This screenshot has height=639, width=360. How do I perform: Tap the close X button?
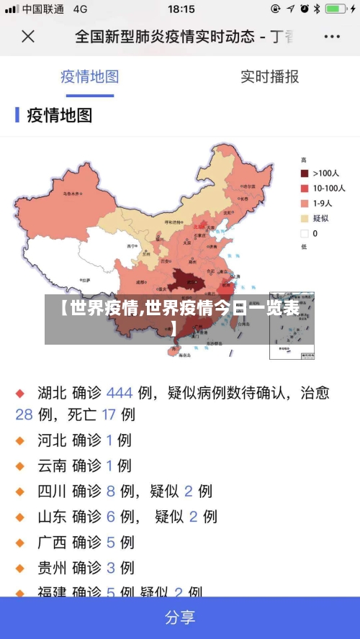(28, 36)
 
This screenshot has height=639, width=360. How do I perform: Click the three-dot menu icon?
(332, 36)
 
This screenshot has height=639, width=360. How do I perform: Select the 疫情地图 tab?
(89, 77)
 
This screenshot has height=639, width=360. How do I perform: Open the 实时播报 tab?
(269, 77)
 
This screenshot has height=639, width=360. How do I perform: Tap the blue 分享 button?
(180, 617)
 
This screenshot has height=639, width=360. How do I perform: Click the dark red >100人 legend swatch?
(305, 173)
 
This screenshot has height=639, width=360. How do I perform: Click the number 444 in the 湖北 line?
(120, 393)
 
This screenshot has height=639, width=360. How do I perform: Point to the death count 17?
(109, 414)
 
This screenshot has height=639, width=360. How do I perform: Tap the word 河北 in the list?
(52, 440)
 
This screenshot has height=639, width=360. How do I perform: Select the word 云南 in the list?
(52, 466)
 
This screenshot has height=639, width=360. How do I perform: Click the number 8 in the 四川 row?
(111, 491)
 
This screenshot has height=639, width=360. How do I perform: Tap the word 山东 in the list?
(52, 517)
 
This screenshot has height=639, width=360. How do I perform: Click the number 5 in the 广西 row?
(111, 542)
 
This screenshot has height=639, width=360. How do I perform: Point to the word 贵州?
(52, 568)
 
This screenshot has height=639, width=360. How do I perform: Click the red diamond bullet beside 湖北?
(20, 394)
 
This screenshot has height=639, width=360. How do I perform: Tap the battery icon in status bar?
(336, 9)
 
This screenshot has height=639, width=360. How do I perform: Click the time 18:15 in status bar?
(181, 9)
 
